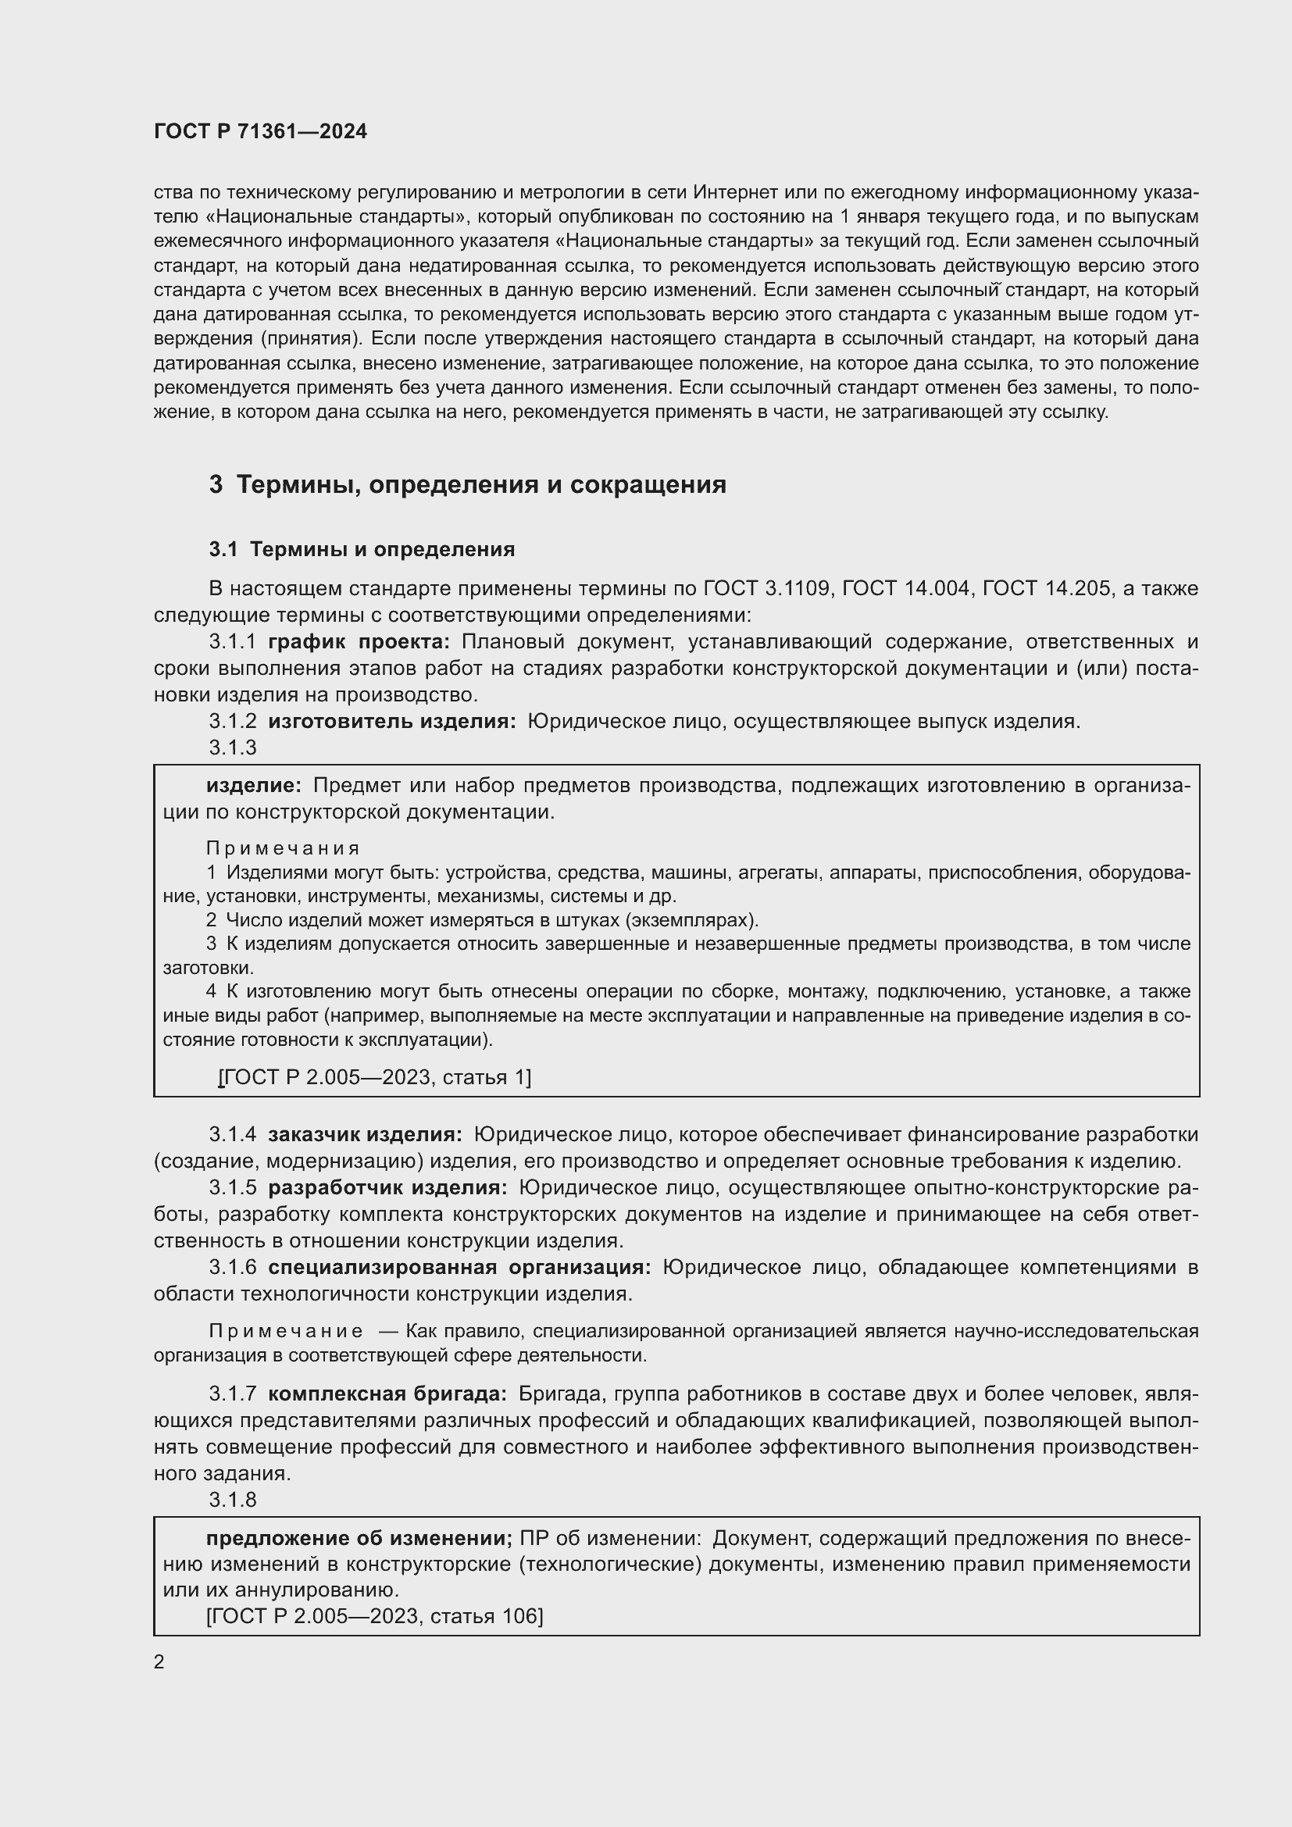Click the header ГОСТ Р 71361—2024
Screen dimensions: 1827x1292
260,131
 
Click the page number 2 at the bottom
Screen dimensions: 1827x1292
159,1662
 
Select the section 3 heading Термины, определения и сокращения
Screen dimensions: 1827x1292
468,484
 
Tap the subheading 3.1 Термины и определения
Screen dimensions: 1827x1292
362,549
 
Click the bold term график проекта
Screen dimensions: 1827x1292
359,641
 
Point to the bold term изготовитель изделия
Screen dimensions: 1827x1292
391,721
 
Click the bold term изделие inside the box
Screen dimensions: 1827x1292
253,785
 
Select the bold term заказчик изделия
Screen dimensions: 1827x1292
364,1134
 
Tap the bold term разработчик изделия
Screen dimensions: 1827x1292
387,1187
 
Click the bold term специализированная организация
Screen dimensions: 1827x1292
459,1267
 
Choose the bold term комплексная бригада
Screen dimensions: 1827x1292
387,1393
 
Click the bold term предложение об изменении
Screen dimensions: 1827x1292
359,1538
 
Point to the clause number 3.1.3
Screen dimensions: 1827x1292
232,748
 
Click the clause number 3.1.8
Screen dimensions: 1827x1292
232,1499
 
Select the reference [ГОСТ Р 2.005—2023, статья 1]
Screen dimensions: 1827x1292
375,1076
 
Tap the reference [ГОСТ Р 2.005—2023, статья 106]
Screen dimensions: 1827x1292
375,1616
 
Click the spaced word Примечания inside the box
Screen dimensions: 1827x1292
284,848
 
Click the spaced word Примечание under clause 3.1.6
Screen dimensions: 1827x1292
287,1331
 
